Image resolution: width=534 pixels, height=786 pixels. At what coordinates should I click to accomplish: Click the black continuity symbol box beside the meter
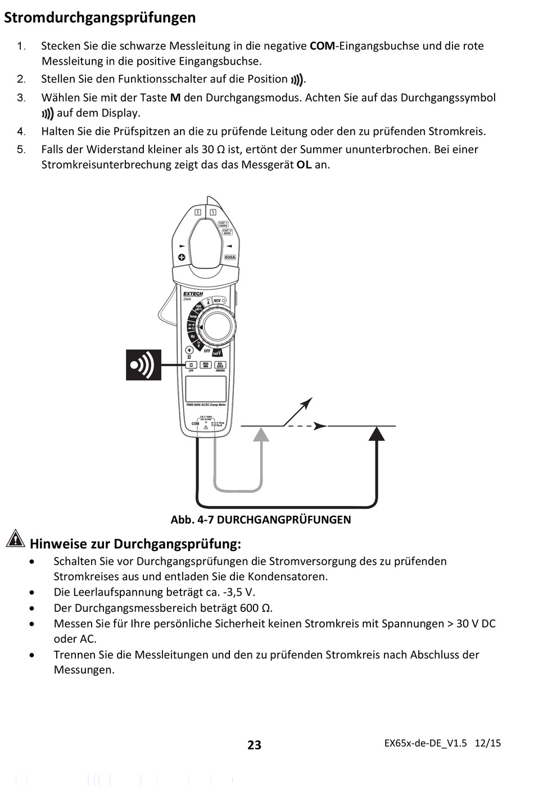143,365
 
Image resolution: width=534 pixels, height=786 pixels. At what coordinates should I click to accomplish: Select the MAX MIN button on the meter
206,365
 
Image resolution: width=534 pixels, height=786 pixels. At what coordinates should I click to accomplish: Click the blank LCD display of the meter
206,388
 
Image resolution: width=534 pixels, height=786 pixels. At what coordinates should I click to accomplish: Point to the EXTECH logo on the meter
193,294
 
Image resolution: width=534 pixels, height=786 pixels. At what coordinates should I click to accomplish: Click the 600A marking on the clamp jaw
230,257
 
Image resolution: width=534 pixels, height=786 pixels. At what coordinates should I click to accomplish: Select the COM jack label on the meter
195,424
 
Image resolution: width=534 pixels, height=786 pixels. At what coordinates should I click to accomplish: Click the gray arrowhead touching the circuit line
261,434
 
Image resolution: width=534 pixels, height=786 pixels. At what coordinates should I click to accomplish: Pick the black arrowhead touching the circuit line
377,433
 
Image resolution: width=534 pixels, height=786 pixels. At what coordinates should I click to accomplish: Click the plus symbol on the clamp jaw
182,257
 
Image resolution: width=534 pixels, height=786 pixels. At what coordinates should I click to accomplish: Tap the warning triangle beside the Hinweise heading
15,538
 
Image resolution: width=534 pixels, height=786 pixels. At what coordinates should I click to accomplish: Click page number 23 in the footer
254,744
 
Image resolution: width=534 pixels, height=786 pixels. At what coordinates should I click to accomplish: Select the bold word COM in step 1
322,46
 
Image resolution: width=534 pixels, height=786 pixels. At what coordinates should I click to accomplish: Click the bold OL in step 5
304,165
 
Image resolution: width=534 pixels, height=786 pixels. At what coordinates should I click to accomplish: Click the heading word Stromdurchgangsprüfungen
100,17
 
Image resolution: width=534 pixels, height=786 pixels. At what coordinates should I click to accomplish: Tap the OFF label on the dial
207,351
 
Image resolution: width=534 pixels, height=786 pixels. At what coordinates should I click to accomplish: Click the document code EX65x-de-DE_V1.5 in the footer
426,743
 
